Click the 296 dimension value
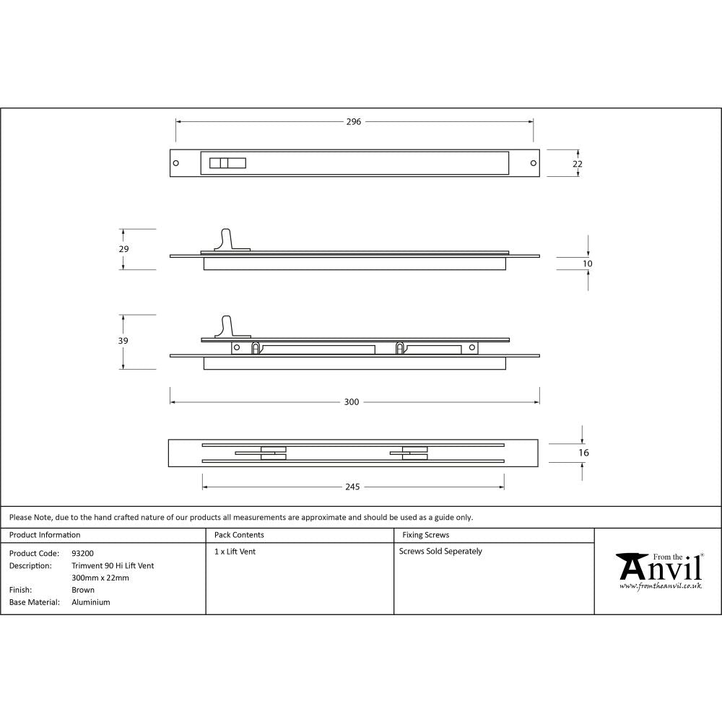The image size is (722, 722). coord(353,122)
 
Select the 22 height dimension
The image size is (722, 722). coord(577,164)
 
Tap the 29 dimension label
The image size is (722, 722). coord(123,249)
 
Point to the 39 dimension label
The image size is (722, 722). coord(123,341)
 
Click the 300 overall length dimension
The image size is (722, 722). coord(352,402)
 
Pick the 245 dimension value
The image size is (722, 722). coord(352,487)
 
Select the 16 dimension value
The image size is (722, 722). coord(584,453)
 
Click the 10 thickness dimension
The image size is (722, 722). coord(587,264)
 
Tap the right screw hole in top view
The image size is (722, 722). coord(534,163)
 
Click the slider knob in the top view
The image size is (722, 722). coord(227,163)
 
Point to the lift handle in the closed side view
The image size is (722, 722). coord(227,240)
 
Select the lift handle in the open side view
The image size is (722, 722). coord(227,327)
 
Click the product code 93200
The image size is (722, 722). coord(82,553)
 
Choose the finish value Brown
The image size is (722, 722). coord(83,590)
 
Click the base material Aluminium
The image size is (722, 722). coord(91,602)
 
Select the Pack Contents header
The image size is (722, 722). coord(239,535)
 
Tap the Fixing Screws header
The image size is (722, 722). coord(425,535)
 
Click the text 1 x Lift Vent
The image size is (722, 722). coord(235,552)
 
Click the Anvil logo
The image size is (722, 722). coord(658,571)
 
